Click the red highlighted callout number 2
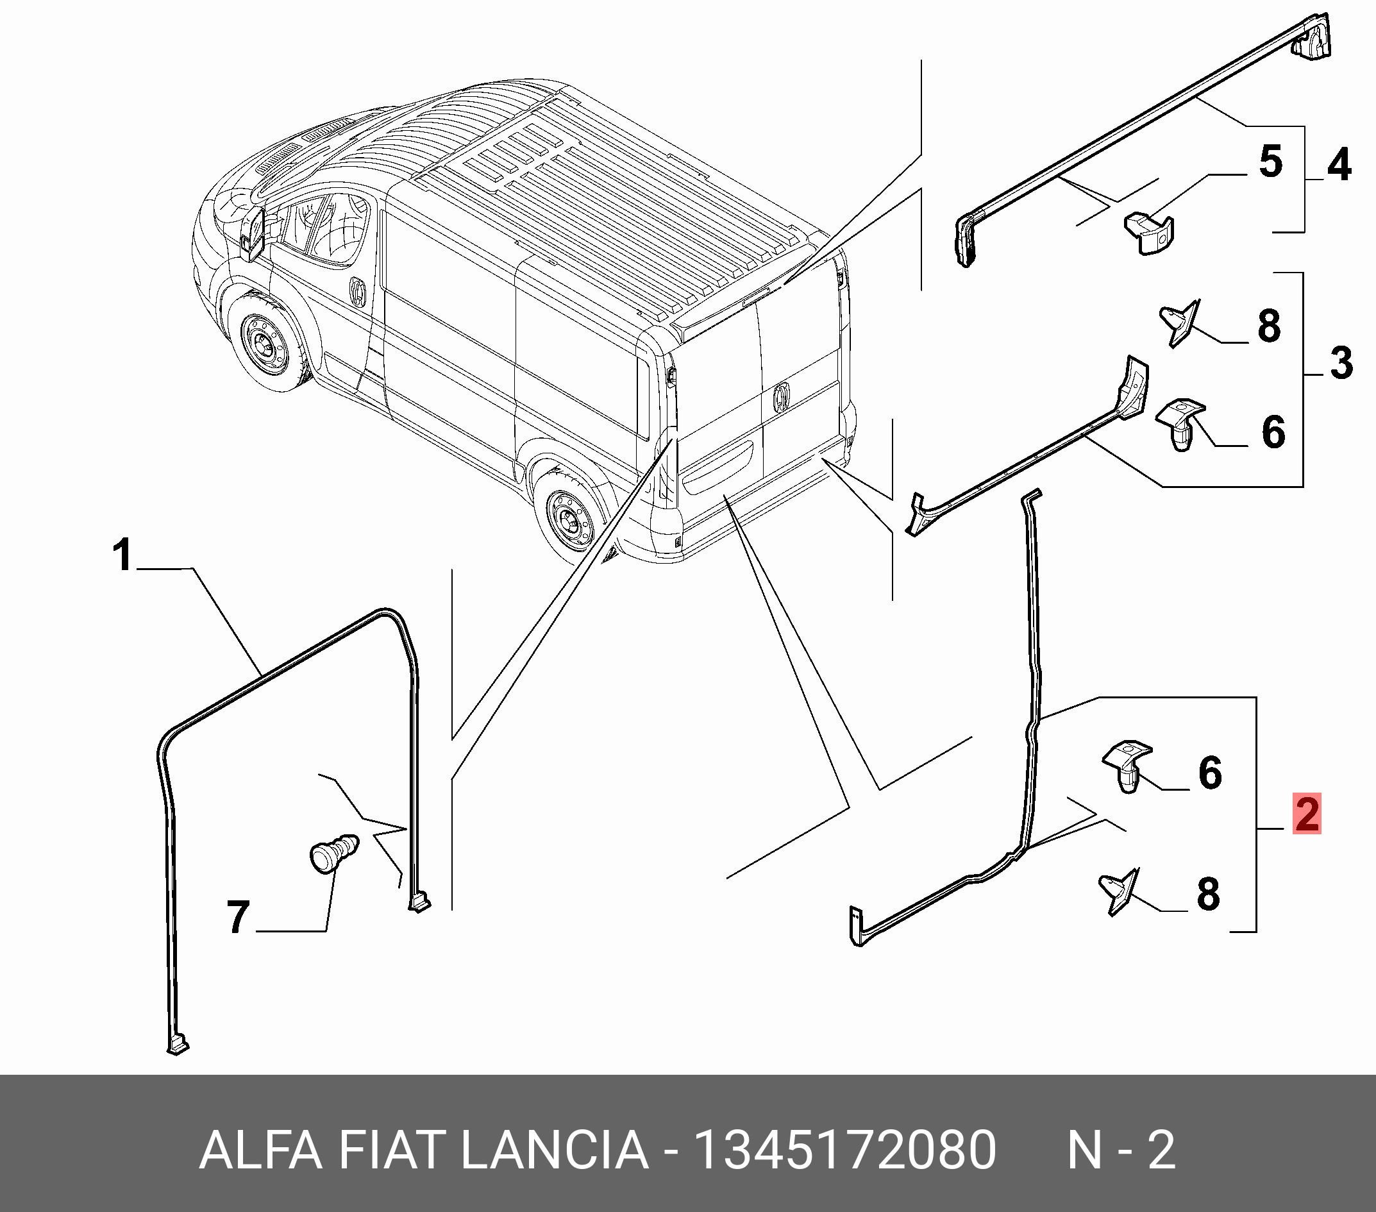pos(1307,813)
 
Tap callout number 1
pos(122,555)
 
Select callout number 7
pos(239,917)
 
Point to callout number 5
pos(1270,162)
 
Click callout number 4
pos(1339,165)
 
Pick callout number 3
pos(1341,363)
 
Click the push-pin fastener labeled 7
pos(333,854)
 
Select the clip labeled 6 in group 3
pos(1180,425)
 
